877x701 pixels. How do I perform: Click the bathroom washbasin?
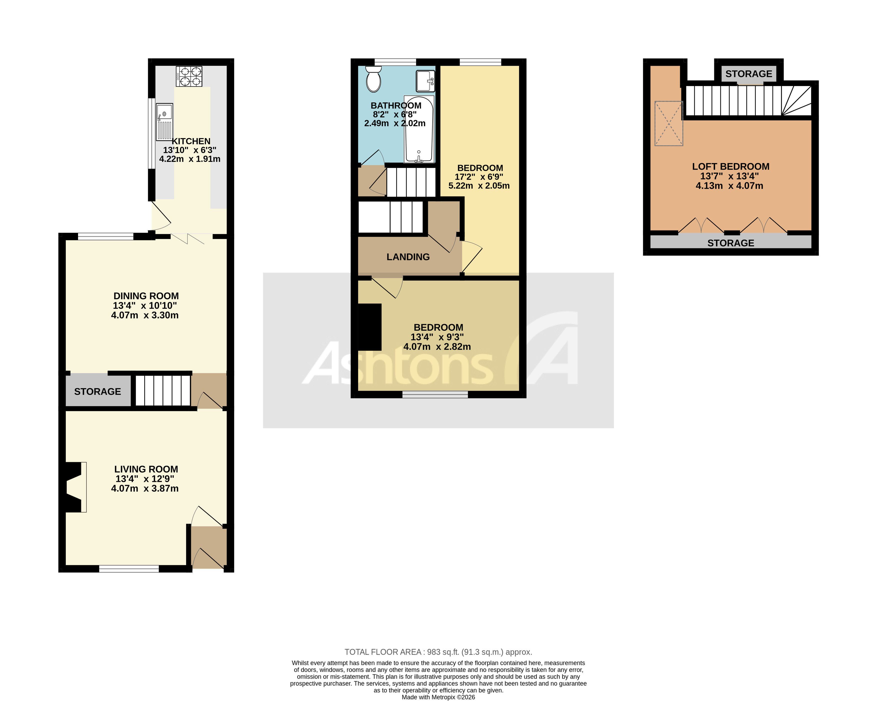click(425, 81)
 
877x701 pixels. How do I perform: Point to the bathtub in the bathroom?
click(419, 129)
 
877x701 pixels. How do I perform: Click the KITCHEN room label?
click(191, 141)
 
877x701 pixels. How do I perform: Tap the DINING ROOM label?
click(146, 296)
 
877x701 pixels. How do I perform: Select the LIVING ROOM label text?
click(146, 469)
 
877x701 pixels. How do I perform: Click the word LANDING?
click(408, 257)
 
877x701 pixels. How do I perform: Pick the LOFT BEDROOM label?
click(730, 166)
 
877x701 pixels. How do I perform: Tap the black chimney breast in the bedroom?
click(369, 327)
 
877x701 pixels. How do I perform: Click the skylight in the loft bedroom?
click(668, 123)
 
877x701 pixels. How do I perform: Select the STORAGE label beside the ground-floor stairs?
click(98, 391)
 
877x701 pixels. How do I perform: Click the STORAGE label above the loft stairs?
click(748, 74)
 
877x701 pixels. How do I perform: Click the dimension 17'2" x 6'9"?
click(479, 177)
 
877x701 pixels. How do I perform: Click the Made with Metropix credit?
click(438, 697)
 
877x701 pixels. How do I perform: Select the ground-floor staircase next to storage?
click(163, 390)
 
